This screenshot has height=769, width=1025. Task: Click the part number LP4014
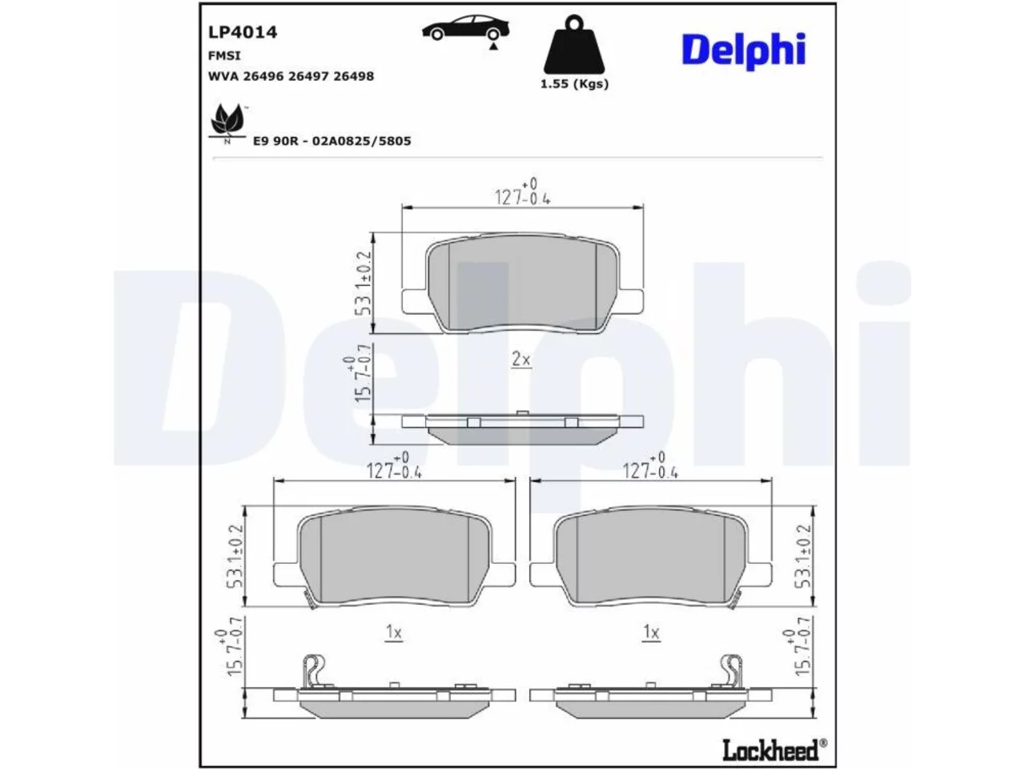(x=243, y=32)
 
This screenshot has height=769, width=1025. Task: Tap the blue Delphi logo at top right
(x=743, y=50)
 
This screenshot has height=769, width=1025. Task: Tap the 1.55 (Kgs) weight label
(x=574, y=84)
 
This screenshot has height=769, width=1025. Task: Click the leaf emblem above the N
(x=227, y=119)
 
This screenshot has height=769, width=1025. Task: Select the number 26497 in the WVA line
(x=307, y=76)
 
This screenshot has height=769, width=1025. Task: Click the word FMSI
(x=224, y=55)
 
